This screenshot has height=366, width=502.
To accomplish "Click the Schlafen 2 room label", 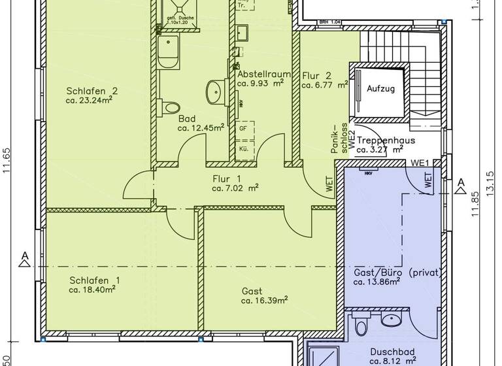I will pyautogui.click(x=92, y=91).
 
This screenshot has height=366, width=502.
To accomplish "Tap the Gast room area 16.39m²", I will pyautogui.click(x=265, y=301).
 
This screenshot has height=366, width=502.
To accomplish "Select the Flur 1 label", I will pyautogui.click(x=227, y=178).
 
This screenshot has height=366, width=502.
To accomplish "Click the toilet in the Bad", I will pyautogui.click(x=171, y=106).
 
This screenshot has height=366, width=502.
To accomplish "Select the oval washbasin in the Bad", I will pyautogui.click(x=214, y=90).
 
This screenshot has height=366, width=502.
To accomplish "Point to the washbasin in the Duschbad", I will pyautogui.click(x=392, y=320).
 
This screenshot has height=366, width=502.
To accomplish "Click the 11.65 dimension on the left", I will pyautogui.click(x=7, y=159).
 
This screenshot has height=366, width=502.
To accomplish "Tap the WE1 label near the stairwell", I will pyautogui.click(x=419, y=163).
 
